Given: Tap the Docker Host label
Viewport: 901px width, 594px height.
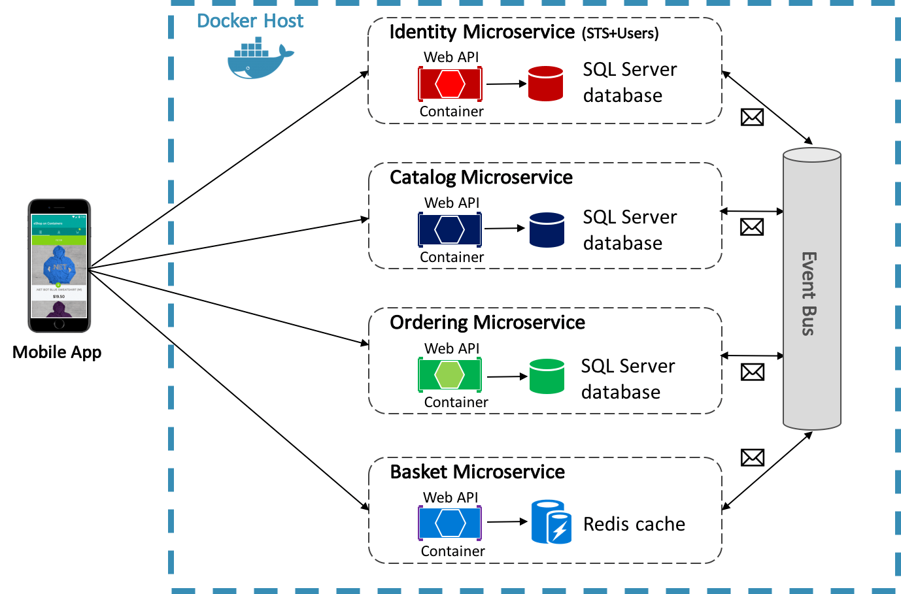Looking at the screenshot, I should click(x=250, y=21).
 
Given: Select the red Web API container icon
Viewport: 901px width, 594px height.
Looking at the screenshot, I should click(x=450, y=84).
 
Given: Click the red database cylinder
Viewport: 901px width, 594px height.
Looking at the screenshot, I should click(x=545, y=84).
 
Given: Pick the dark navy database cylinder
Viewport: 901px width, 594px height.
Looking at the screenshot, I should click(x=547, y=230).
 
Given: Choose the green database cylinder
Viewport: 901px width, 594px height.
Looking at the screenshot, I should click(x=547, y=376).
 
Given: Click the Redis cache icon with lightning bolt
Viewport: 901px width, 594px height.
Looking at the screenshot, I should click(x=551, y=522).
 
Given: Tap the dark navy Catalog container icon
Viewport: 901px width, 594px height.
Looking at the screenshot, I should click(x=450, y=229).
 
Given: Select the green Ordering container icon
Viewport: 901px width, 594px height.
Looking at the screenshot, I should click(x=450, y=374).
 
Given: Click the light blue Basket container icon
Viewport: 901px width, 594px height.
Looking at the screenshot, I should click(x=450, y=523).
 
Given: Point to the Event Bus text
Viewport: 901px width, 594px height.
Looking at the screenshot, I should click(x=809, y=293).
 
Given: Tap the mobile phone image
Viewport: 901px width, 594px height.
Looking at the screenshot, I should click(x=59, y=266).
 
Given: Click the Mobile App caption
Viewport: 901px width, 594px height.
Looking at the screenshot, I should click(x=57, y=352).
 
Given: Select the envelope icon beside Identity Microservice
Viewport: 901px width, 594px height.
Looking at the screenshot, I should click(x=752, y=117).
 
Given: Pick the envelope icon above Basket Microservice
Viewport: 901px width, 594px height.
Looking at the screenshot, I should click(x=753, y=457).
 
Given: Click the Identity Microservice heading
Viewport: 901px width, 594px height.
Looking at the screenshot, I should click(x=482, y=32).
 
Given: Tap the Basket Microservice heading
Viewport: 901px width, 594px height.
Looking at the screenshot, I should click(x=477, y=472).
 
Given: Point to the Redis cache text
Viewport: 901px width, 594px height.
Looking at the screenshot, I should click(x=634, y=524).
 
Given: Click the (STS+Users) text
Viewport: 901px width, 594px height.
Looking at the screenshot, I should click(x=620, y=33).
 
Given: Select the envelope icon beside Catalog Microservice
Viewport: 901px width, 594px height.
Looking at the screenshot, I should click(x=752, y=227).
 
